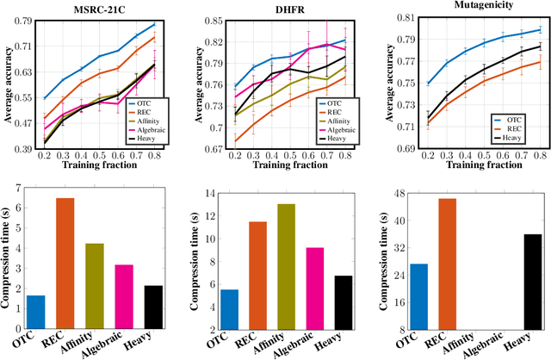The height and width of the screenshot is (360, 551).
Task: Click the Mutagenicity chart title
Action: tap(472, 5)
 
